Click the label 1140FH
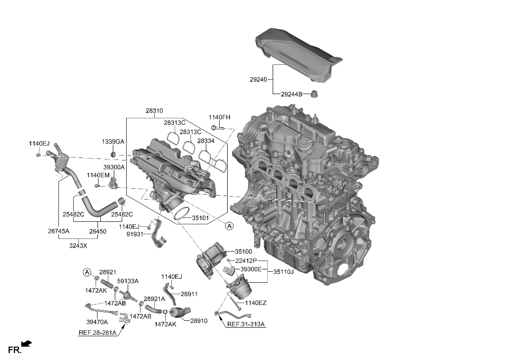coord(219,117)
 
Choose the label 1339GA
coord(113,142)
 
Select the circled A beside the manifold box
coord(229,226)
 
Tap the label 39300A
coord(114,167)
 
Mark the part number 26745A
coord(58,231)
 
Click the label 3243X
coord(78,245)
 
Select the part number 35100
coord(243,252)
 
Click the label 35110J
coord(284,271)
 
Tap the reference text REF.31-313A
coord(246,324)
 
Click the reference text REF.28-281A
coord(97,332)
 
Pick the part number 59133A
coord(128,281)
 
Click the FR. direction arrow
coord(27,343)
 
